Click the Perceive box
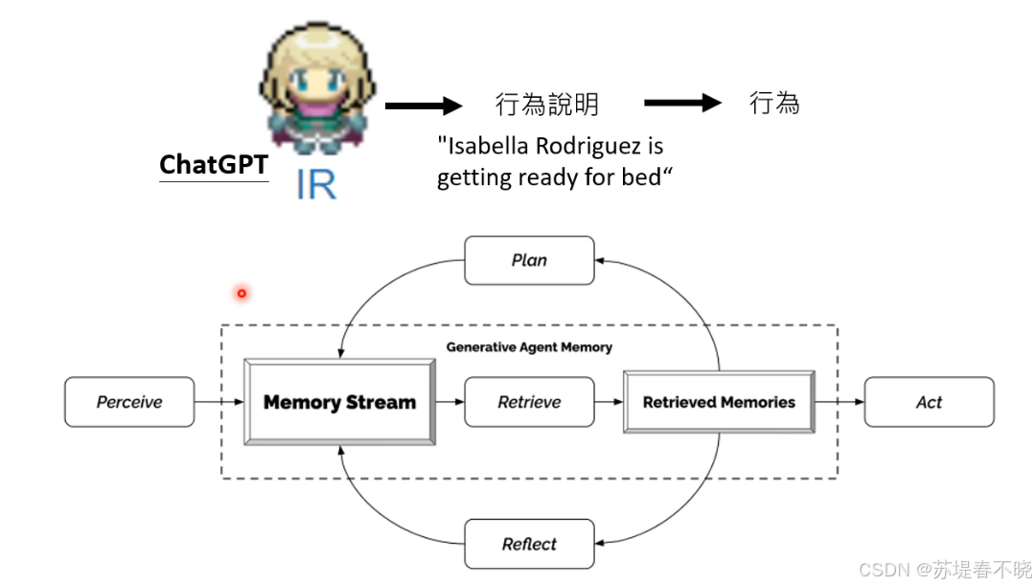[x=129, y=402]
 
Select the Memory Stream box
[x=339, y=402]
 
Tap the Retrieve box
[x=529, y=402]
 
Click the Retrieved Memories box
[x=719, y=402]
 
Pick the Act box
[x=929, y=402]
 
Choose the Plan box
[x=529, y=260]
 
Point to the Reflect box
[x=529, y=544]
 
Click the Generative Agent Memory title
[x=529, y=347]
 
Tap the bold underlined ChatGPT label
[x=213, y=165]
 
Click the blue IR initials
[x=315, y=184]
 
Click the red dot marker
[x=242, y=293]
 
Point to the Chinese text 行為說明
[x=546, y=104]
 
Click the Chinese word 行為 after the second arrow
[x=773, y=103]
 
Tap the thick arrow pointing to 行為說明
[x=424, y=105]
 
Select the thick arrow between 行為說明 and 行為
[x=682, y=103]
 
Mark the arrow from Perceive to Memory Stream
[x=219, y=402]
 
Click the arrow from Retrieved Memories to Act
[x=840, y=402]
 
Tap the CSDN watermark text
[x=945, y=569]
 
